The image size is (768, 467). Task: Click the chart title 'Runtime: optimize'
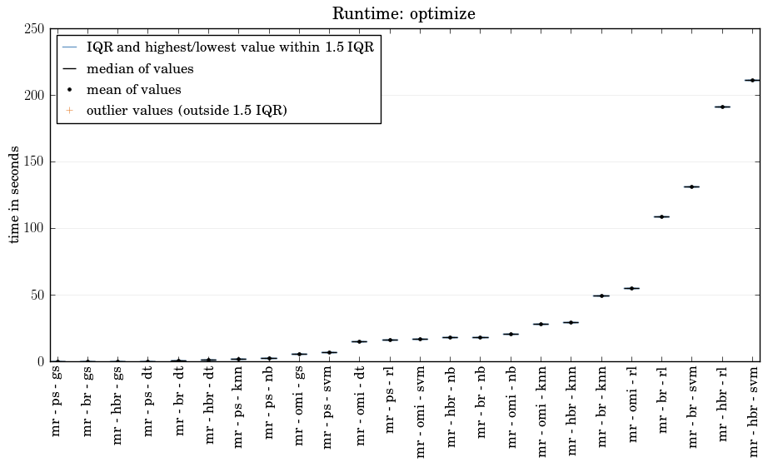pos(404,14)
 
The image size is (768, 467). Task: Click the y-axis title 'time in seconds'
pos(15,195)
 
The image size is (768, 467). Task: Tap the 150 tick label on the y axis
pos(34,162)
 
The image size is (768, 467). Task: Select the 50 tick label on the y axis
pos(37,296)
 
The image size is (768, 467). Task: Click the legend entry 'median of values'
pos(140,69)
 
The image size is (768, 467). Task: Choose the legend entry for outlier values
pos(187,111)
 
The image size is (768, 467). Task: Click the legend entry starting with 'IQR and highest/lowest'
pos(230,48)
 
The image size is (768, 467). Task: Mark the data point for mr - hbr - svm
pos(752,80)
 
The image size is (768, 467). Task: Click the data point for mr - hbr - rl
pos(722,107)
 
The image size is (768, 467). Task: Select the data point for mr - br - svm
pos(691,186)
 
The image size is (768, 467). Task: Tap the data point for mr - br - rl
pos(661,216)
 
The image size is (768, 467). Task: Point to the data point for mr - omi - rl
pos(631,288)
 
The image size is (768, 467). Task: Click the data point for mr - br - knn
pos(601,296)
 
